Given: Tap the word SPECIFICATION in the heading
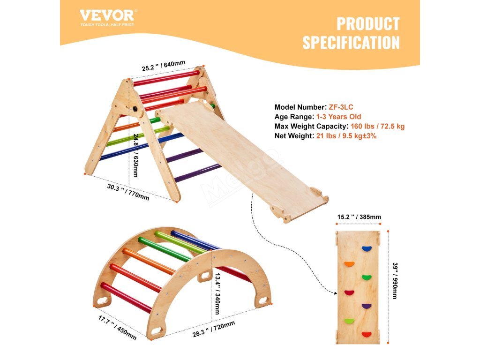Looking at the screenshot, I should click(351, 43).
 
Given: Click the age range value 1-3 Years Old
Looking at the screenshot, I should click(338, 117).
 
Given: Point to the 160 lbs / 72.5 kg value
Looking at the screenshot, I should click(377, 126).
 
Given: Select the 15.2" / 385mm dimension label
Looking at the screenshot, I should click(359, 217).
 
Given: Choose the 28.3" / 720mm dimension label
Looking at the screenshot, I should click(214, 329).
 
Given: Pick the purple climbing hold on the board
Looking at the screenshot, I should click(366, 306).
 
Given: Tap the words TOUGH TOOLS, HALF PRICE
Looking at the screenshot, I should click(107, 24).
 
